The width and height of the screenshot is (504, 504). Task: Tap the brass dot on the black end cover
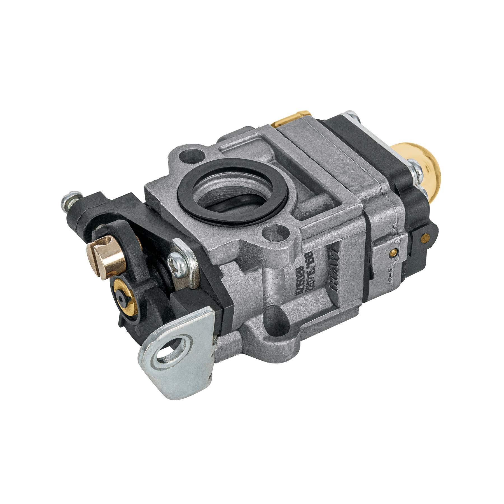pyautogui.click(x=425, y=238)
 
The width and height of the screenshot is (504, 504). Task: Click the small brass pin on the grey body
pyautogui.click(x=393, y=252)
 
